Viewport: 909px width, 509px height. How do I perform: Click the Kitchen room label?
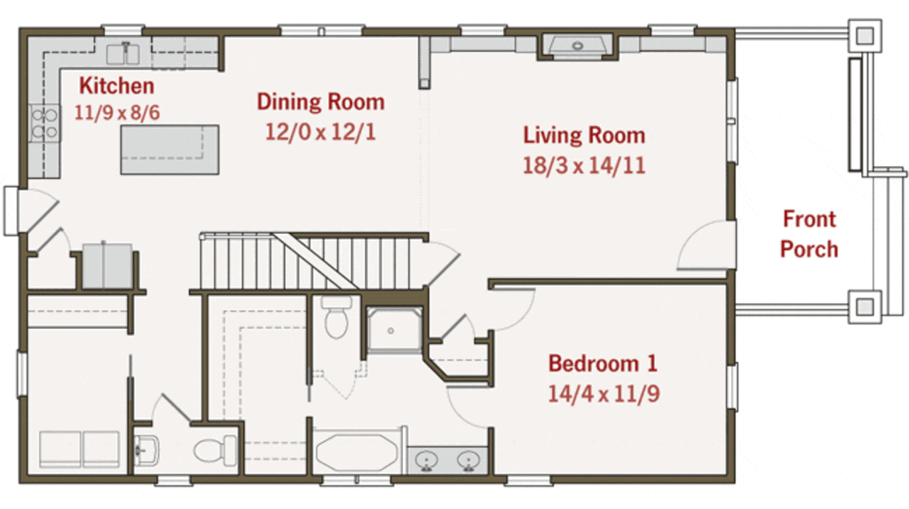116,86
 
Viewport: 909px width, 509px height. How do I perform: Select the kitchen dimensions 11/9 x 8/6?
116,113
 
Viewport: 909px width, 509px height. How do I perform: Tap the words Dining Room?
320,101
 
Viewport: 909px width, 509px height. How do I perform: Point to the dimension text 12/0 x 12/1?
320,131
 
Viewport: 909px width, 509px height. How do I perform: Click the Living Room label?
584,135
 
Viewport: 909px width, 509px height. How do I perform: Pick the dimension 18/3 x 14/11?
584,165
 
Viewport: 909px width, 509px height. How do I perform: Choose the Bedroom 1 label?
603,364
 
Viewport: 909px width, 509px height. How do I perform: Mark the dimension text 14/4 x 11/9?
604,394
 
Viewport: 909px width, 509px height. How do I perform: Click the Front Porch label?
810,234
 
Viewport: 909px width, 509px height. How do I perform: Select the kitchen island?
170,150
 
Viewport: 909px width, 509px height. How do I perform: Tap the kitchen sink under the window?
123,53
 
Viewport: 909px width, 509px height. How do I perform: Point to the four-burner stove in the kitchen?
44,123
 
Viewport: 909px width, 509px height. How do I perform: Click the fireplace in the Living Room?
577,46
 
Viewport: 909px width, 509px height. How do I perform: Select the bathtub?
357,451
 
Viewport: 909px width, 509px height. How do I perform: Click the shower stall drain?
391,330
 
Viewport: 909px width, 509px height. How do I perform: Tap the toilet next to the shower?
336,317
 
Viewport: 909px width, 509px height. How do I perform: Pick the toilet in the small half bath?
215,450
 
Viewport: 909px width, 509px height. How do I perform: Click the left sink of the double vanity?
427,461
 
